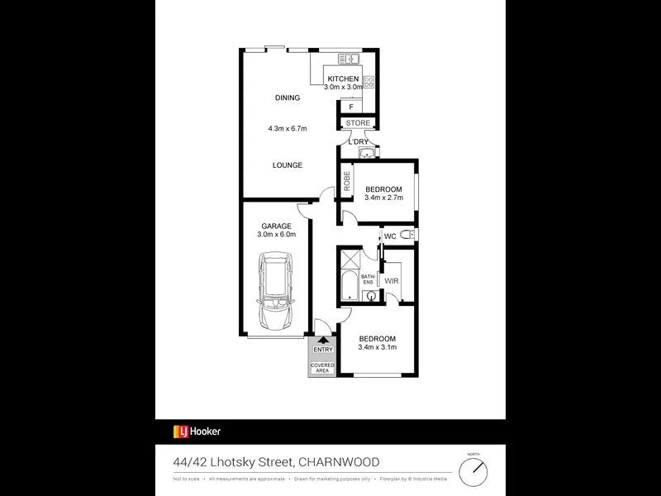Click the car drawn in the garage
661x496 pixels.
(275, 290)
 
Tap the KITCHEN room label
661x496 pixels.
(343, 79)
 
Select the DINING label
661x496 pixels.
(288, 98)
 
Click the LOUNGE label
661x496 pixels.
(288, 165)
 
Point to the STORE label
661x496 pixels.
(358, 123)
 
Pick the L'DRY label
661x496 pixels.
(359, 141)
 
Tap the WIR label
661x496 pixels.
(392, 280)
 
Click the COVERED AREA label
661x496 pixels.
(322, 367)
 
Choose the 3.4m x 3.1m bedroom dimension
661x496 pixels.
(378, 347)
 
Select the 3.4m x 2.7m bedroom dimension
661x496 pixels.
(383, 198)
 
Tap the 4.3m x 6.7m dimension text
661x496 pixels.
(288, 128)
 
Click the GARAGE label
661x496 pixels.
(276, 226)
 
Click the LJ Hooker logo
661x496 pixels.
(197, 432)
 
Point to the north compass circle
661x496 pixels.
(473, 471)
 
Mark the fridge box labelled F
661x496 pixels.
(351, 107)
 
